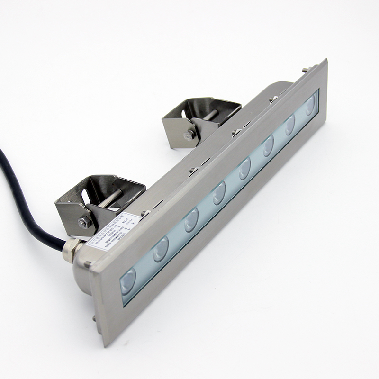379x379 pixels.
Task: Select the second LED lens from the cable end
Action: pyautogui.click(x=161, y=249)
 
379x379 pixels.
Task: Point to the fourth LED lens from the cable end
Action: pyautogui.click(x=218, y=193)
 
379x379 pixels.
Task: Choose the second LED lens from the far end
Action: pyautogui.click(x=289, y=125)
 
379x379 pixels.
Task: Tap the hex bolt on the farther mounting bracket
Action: pyautogui.click(x=190, y=135)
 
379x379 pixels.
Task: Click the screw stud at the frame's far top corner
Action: pyautogui.click(x=305, y=70)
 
